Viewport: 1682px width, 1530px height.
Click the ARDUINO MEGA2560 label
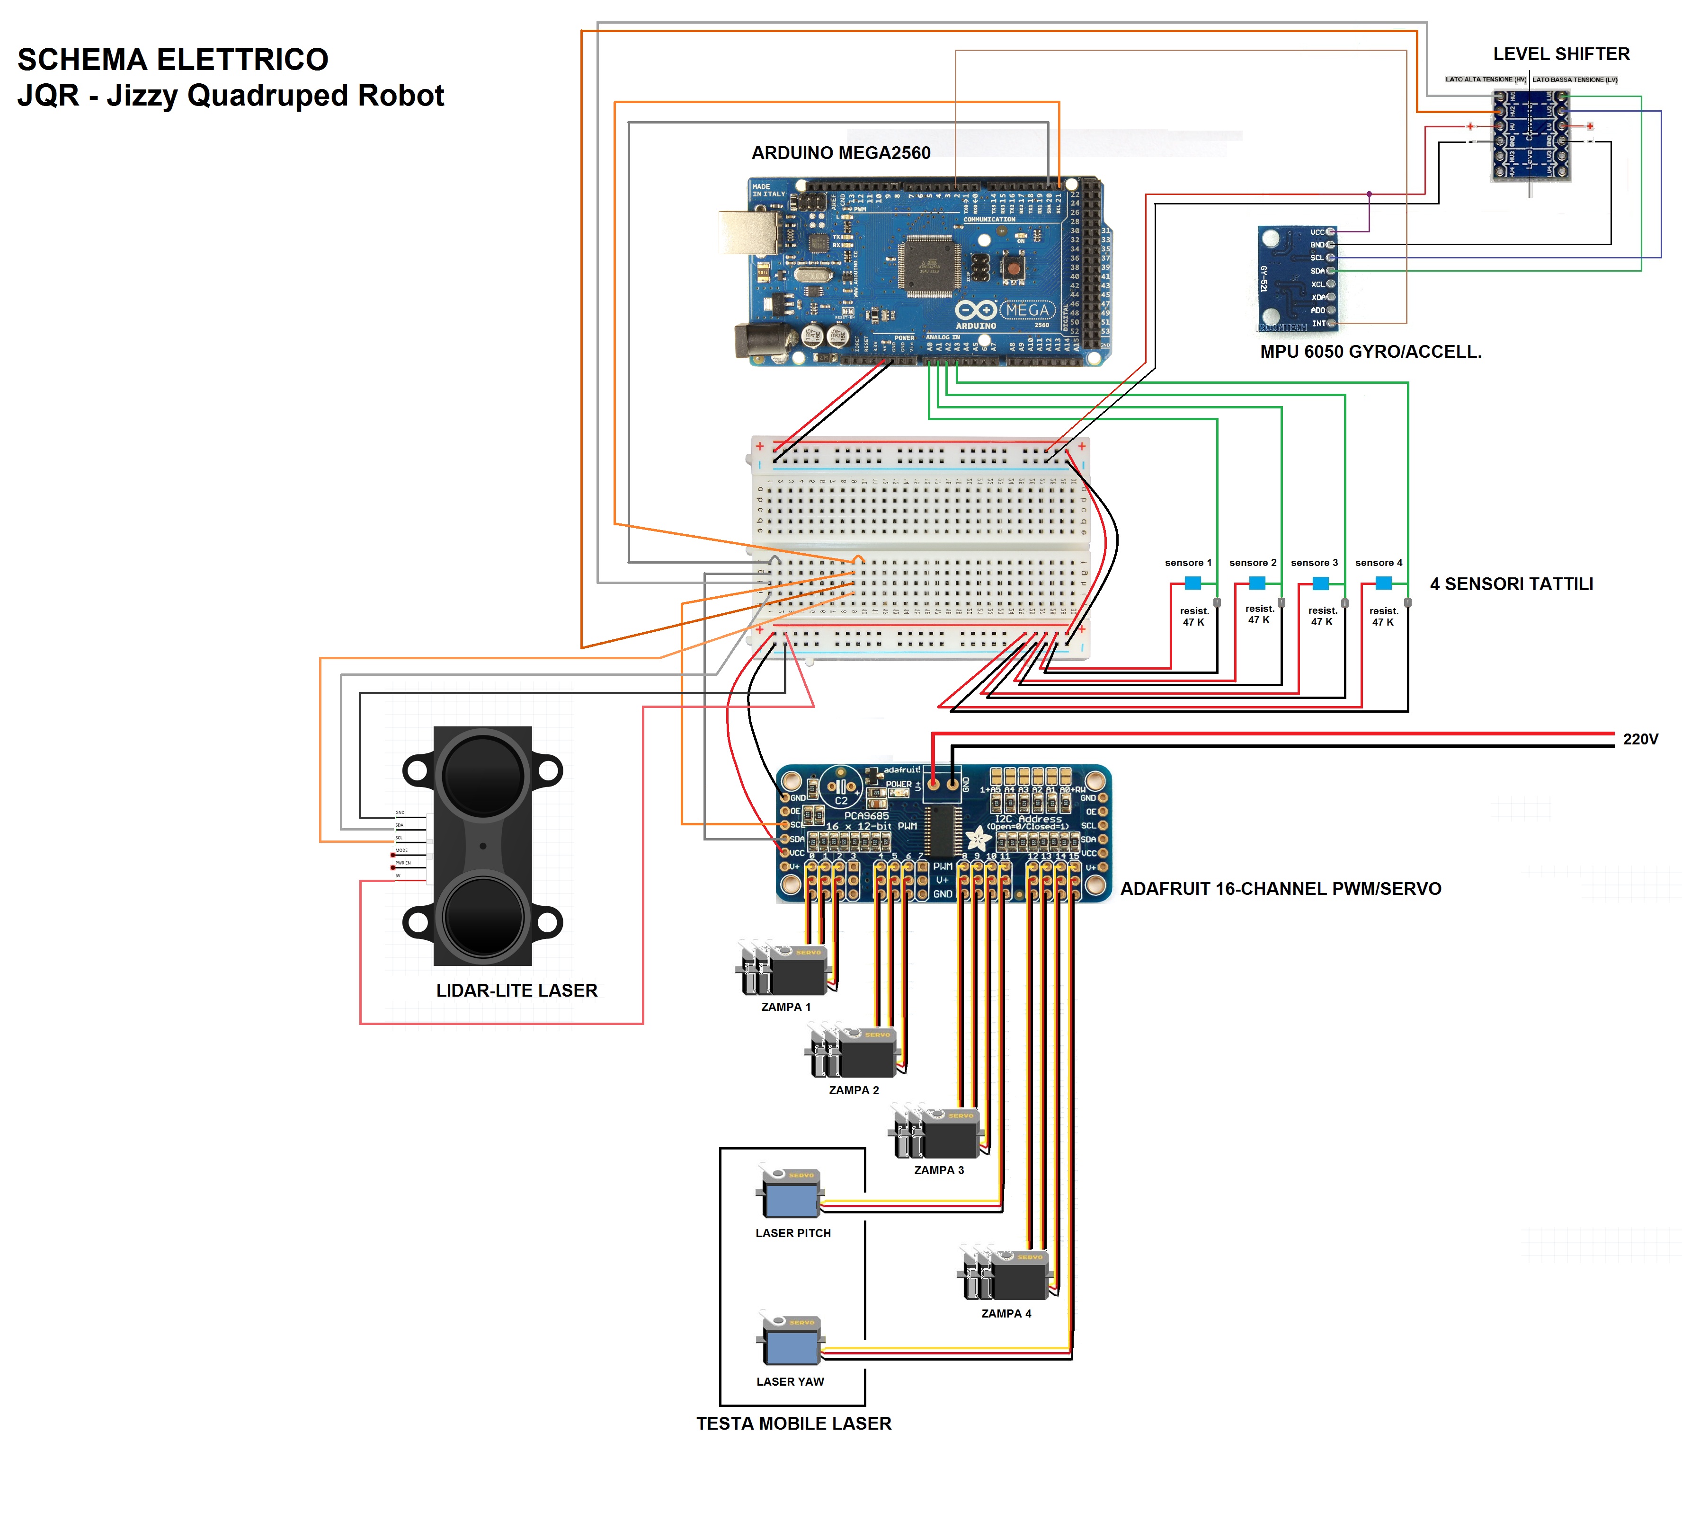(840, 153)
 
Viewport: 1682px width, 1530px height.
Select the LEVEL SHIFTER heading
(1561, 54)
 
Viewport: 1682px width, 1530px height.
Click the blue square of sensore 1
(1193, 583)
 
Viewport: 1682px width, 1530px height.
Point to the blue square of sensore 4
(1383, 583)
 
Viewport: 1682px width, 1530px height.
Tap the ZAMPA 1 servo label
(785, 1007)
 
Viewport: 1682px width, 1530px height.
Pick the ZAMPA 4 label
(1006, 1313)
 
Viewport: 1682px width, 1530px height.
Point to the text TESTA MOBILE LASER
(793, 1423)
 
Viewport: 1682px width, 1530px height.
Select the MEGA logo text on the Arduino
(1026, 310)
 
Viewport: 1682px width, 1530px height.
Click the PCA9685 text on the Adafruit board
(866, 816)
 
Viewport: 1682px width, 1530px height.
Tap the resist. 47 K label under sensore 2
(1259, 614)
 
